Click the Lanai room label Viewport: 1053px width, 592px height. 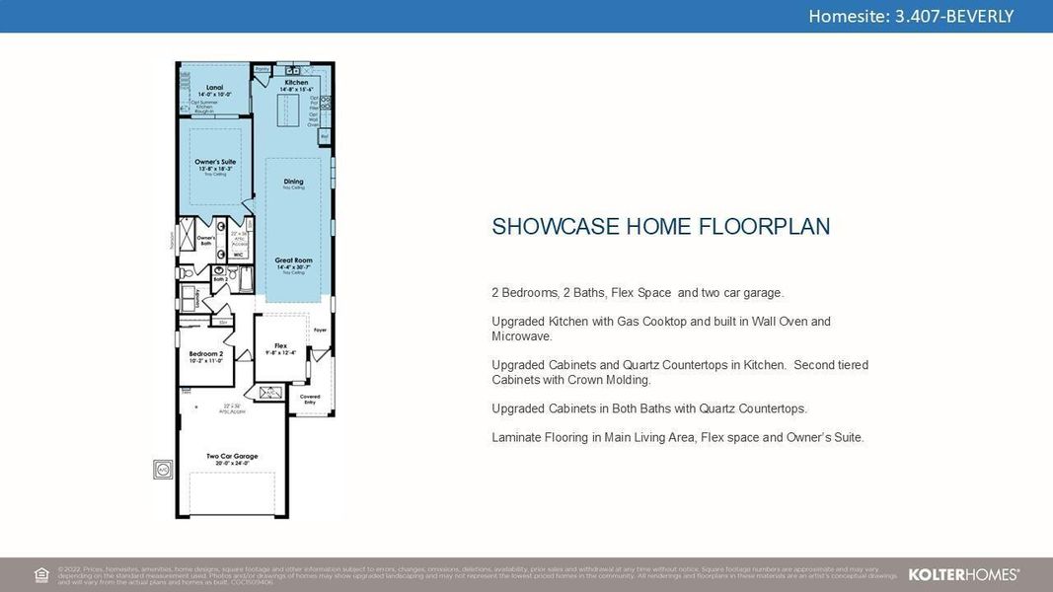click(x=214, y=89)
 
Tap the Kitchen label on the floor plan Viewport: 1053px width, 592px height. click(x=296, y=83)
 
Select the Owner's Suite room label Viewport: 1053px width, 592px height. click(x=215, y=162)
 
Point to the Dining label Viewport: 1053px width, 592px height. click(x=293, y=182)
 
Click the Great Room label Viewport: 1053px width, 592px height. click(x=293, y=260)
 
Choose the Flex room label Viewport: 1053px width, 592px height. click(x=280, y=346)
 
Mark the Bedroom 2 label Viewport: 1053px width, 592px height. click(x=206, y=353)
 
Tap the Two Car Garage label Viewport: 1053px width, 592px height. click(x=232, y=456)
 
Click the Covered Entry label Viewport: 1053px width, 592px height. click(x=310, y=399)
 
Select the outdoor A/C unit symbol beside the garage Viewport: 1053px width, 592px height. click(x=163, y=470)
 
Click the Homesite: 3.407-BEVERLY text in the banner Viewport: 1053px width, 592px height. click(x=910, y=16)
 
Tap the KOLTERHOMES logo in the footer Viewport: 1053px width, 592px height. click(x=963, y=574)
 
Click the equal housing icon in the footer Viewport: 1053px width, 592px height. click(x=41, y=574)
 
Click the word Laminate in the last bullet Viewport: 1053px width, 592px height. click(x=516, y=437)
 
